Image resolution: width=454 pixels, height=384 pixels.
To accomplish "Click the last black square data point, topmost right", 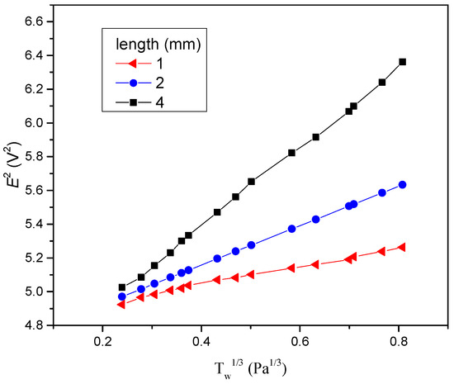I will tap(402, 62).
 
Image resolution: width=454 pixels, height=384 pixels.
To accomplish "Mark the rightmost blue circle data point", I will tap(402, 184).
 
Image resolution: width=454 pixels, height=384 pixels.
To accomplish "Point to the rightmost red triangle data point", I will tap(402, 247).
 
